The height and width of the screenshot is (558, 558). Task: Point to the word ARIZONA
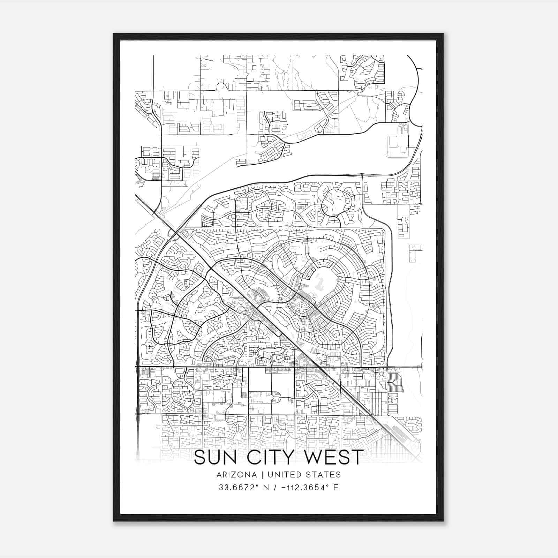236,475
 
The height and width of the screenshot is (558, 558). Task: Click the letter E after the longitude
335,487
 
